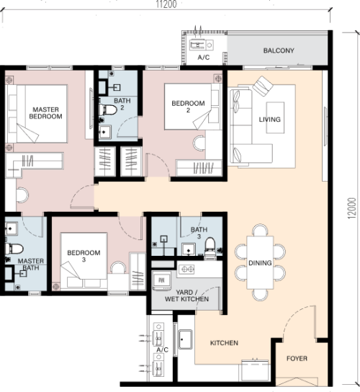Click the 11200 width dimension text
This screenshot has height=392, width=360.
point(166,4)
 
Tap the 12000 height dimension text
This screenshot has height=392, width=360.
point(351,208)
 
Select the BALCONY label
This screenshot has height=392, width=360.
point(279,50)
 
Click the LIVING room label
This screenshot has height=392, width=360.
point(269,119)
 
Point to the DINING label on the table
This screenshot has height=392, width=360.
point(260,263)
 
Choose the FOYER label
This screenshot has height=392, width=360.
point(297,359)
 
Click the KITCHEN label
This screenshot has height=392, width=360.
point(224,343)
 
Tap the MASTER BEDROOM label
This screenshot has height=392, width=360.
point(45,112)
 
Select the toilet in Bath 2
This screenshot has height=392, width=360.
point(108,110)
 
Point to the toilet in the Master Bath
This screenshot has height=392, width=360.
point(14,249)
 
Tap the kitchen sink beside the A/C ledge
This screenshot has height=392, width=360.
point(185,339)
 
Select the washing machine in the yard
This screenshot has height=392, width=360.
point(161,280)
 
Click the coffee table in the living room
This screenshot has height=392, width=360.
point(275,117)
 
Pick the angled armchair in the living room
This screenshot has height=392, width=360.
point(263,86)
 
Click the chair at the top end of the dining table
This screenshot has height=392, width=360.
point(260,230)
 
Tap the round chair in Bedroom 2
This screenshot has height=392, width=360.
point(199,143)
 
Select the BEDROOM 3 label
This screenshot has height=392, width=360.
point(84,256)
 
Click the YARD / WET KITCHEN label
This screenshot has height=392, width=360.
point(186,295)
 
